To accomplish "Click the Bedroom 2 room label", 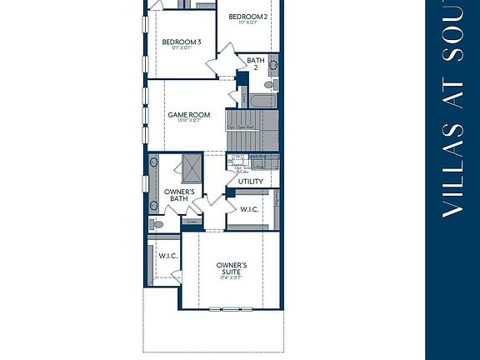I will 247,17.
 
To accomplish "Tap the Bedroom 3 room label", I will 181,42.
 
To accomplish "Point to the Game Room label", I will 188,115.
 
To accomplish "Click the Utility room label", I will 250,181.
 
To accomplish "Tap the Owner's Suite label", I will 231,269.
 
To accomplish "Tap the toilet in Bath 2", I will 270,62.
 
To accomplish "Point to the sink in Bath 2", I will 247,80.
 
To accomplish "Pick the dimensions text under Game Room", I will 188,122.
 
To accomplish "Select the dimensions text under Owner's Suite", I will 231,277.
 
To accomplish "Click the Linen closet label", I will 192,222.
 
